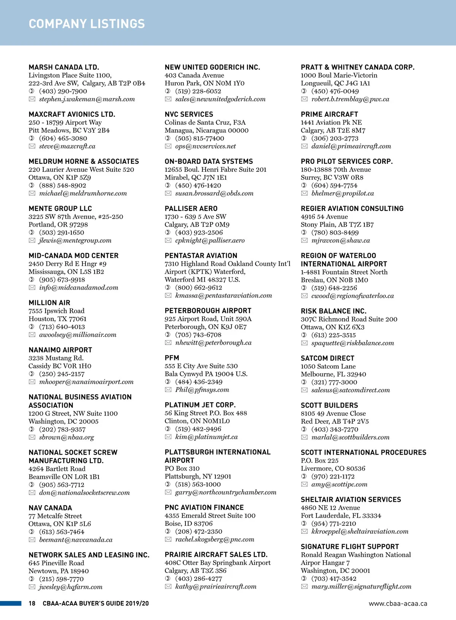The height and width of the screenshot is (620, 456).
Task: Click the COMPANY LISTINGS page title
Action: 87,24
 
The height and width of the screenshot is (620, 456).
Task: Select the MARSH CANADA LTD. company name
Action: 64,67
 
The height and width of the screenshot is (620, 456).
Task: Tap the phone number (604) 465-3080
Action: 63,138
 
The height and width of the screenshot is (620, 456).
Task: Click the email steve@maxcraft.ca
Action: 67,146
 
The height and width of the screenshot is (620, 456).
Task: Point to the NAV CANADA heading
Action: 50,508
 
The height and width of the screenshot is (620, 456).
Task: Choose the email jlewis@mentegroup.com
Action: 75,241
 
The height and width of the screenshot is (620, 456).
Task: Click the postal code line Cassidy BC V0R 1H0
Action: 60,366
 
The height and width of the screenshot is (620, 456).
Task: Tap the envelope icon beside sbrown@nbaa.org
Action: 32,438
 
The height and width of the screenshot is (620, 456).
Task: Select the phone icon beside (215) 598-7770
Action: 32,579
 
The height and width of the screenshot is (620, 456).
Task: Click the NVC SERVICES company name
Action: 189,114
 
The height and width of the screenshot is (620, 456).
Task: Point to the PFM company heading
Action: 172,358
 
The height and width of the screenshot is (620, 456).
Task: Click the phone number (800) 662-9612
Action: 198,288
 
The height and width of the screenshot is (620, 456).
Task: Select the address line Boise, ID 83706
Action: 188,523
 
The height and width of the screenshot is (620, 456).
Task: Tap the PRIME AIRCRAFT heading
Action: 329,114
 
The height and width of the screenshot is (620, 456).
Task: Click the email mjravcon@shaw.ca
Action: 340,241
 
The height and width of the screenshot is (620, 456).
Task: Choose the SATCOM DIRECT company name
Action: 327,358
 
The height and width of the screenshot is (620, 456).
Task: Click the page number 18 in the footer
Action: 32,603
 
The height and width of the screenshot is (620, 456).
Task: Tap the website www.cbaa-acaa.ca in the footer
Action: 398,604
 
